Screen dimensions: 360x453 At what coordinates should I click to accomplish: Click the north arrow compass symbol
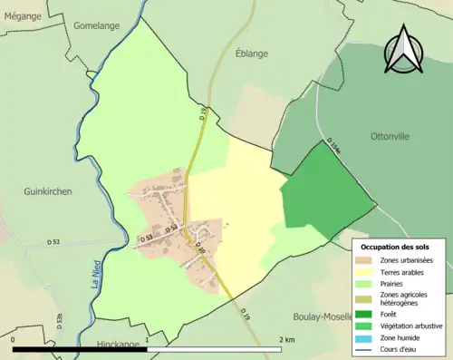pyautogui.click(x=405, y=49)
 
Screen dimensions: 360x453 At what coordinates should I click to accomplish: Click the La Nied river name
pyautogui.click(x=93, y=268)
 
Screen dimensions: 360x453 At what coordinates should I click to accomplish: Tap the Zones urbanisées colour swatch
pyautogui.click(x=367, y=261)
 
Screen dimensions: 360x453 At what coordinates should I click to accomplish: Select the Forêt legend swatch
pyautogui.click(x=367, y=315)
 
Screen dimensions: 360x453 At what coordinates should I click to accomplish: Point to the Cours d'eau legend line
pyautogui.click(x=367, y=348)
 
